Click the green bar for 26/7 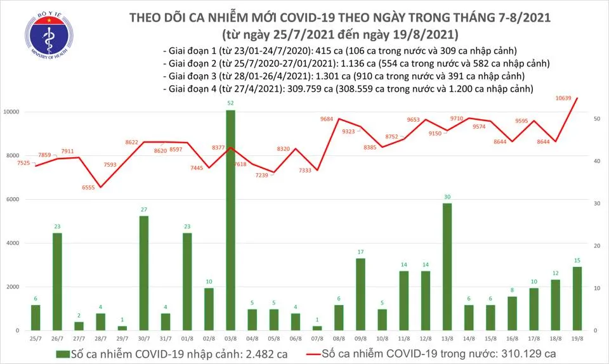click(57, 282)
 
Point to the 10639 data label click(563, 98)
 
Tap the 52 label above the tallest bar click(230, 103)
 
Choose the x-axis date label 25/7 click(36, 338)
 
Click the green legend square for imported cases click(60, 353)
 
